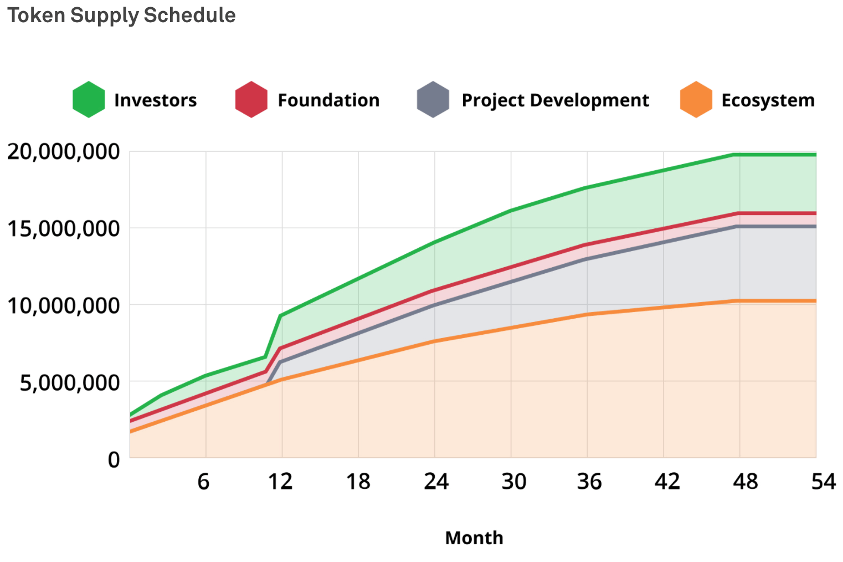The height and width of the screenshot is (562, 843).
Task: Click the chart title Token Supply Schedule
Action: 121,16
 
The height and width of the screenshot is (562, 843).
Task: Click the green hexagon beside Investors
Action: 89,100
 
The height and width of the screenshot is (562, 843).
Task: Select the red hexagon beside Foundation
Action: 251,100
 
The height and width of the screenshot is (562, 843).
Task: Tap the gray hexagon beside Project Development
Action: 433,100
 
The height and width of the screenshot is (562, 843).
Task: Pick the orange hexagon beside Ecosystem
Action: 696,100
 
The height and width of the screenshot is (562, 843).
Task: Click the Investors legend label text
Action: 155,100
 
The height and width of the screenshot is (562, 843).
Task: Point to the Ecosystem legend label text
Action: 768,100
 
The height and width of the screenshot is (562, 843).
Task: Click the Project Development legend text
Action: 555,100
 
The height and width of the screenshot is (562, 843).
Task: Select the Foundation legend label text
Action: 328,100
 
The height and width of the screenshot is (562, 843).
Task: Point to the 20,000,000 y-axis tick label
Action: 63,151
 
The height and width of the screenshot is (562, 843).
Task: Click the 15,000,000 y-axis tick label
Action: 63,228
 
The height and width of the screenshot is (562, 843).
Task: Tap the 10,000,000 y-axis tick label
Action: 63,305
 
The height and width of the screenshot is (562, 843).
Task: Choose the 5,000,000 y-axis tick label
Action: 70,382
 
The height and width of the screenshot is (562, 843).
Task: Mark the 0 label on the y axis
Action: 114,459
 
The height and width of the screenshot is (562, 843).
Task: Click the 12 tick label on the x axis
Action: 280,481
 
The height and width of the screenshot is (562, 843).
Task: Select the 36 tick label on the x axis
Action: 589,481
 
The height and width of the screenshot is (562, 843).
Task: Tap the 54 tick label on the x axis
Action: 823,481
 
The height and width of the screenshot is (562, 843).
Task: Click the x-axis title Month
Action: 474,538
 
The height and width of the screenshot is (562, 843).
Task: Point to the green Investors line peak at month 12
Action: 281,316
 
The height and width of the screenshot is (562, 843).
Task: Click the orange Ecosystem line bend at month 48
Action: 737,301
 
